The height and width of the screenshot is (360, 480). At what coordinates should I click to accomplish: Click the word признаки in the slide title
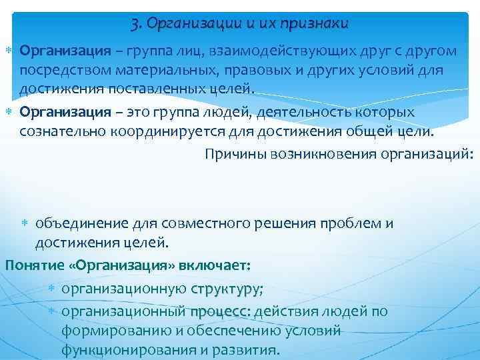[315, 24]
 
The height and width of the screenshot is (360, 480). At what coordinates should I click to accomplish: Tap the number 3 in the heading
[135, 24]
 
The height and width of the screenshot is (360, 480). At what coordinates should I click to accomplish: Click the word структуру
[225, 289]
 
